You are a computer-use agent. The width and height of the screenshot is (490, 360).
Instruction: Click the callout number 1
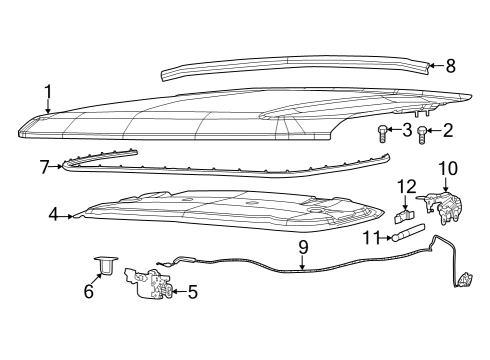click(x=47, y=95)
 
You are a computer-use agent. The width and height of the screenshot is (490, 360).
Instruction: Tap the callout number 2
click(x=447, y=130)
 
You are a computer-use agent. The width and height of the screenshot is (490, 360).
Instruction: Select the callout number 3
click(x=407, y=130)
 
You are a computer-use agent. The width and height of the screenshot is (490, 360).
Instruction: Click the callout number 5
click(x=192, y=292)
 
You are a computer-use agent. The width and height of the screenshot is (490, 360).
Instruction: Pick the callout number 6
click(x=87, y=292)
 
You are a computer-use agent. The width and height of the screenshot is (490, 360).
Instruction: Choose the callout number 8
click(x=450, y=67)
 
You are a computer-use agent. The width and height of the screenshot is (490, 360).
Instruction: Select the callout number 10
click(x=446, y=167)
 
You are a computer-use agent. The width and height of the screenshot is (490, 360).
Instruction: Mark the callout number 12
click(x=405, y=187)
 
